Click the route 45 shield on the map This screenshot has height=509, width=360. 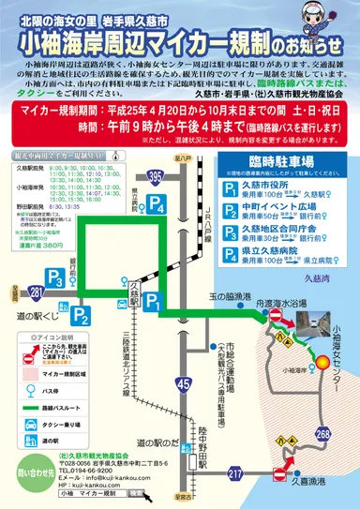pyautogui.click(x=184, y=357)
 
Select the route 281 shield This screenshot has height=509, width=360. pyautogui.click(x=36, y=294)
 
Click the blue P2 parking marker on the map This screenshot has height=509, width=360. pyautogui.click(x=82, y=315)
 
